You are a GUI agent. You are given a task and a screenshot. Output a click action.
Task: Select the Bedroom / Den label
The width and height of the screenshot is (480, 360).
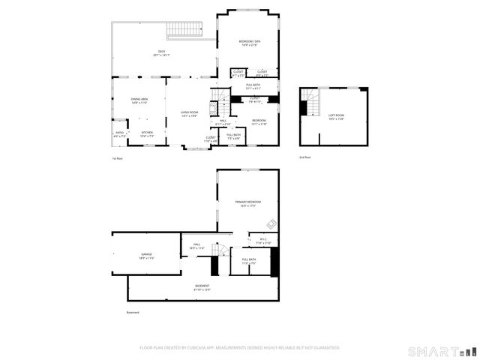click(250, 43)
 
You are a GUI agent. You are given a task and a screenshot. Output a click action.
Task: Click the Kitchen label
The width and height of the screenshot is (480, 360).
click(147, 134)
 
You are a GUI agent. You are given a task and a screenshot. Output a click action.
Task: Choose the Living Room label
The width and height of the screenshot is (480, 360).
click(188, 114)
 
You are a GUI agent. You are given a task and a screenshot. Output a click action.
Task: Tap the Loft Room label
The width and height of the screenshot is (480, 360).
click(336, 117)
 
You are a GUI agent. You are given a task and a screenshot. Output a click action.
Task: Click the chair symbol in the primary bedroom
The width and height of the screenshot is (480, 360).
click(271, 222)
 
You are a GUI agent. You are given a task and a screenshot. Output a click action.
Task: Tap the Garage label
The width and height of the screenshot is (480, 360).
click(146, 256)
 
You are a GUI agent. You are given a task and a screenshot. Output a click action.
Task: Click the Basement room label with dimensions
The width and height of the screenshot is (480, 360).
click(202, 287)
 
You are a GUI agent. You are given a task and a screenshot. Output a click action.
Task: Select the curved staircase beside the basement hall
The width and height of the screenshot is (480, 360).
click(218, 249)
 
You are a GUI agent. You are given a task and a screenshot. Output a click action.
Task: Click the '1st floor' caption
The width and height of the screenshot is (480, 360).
click(117, 158)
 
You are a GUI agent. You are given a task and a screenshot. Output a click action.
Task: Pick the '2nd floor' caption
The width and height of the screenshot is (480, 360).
click(304, 157)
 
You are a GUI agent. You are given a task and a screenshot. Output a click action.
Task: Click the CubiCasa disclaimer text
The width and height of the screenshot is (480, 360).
click(240, 347)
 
